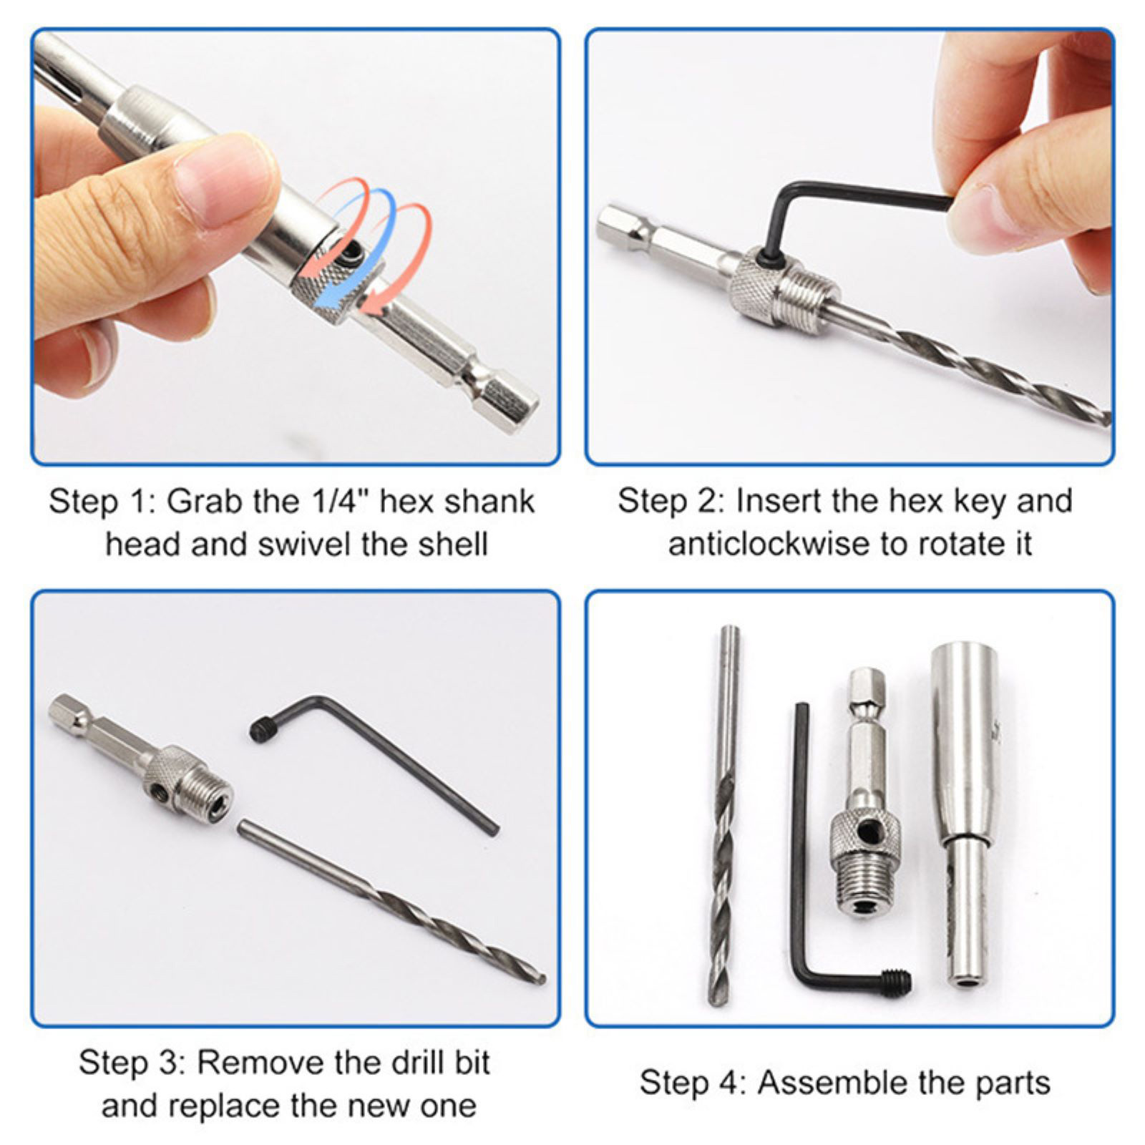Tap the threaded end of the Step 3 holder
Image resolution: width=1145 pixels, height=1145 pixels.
pyautogui.click(x=208, y=794)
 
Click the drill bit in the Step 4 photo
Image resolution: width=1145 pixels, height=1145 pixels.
pyautogui.click(x=723, y=816)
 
